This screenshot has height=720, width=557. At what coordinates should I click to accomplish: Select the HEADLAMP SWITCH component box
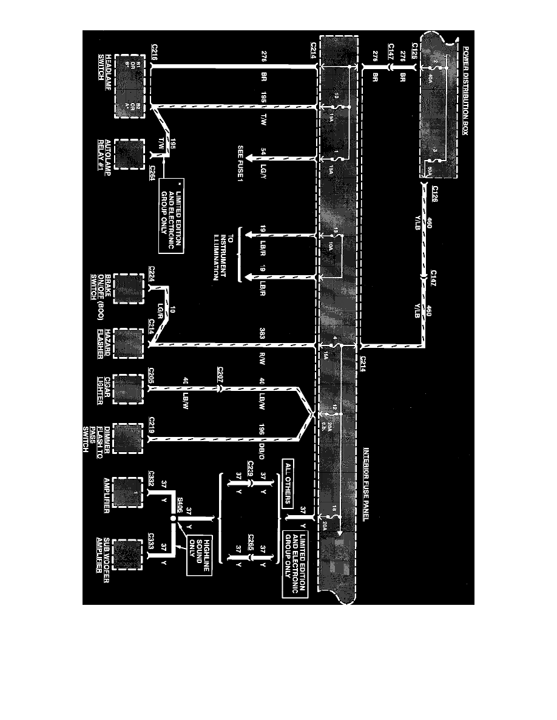click(x=129, y=86)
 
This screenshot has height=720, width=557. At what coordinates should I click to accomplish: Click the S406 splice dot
click(x=173, y=519)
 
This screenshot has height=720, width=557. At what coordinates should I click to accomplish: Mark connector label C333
click(x=154, y=541)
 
